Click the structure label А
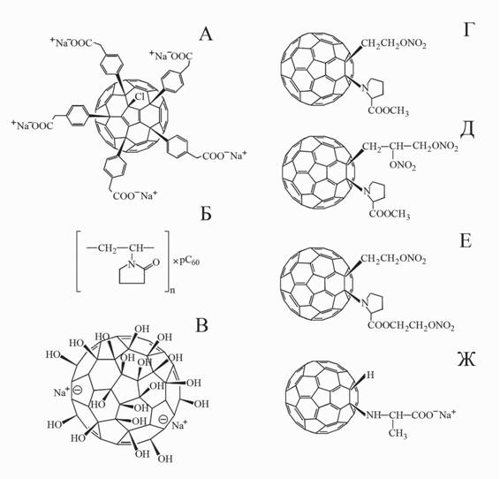point(206,34)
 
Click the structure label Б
point(206,214)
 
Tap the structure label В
point(201,325)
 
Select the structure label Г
point(467,30)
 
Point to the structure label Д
point(466,132)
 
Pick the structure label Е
point(466,241)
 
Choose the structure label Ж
point(466,359)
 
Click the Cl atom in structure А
point(140,96)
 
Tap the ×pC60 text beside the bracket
point(186,262)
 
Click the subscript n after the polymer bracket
point(172,290)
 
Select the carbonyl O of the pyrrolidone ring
point(156,262)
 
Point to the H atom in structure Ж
point(370,375)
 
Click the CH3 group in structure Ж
point(398,434)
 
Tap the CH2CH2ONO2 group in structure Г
point(394,44)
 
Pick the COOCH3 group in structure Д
point(390,214)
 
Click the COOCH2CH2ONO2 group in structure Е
point(411,325)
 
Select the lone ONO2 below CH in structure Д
point(403,165)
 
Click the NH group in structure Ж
point(374,415)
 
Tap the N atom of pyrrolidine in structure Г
point(364,87)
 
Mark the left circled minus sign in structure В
point(78,390)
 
